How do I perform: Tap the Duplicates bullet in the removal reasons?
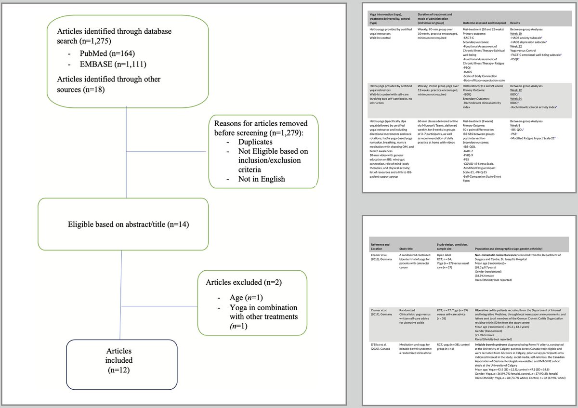[255, 142]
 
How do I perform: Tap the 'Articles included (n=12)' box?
[119, 360]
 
